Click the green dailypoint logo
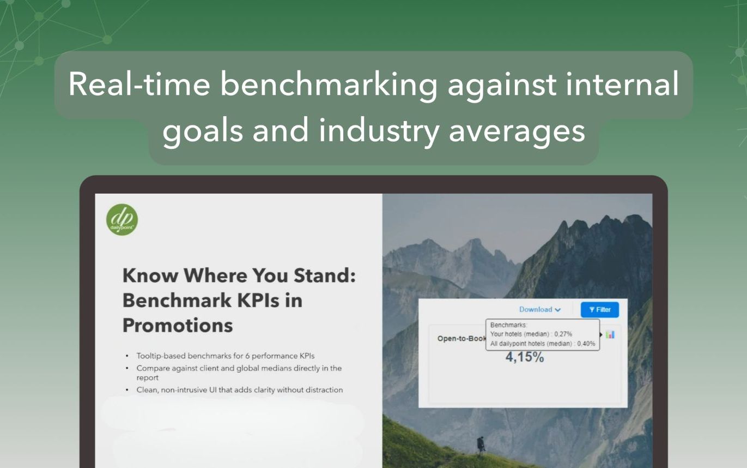122,220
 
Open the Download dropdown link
539,309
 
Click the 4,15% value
525,357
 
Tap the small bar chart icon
610,334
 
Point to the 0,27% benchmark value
563,334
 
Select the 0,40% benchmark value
586,344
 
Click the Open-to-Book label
461,339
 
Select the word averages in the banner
517,131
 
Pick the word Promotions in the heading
178,325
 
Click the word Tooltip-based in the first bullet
161,356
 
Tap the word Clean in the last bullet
147,390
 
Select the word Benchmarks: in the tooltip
508,325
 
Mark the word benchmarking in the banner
329,85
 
